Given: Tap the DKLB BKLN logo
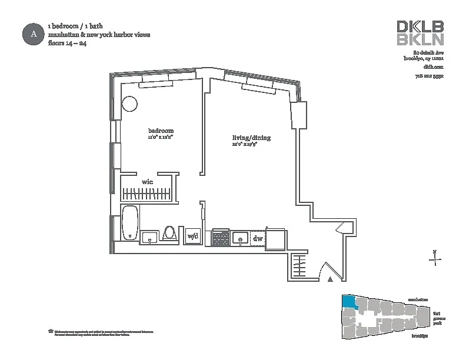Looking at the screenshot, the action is [x=420, y=33].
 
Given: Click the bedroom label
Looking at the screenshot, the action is [x=160, y=131].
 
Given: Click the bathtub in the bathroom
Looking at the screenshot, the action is [x=130, y=223].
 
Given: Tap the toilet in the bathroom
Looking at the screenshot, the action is [x=169, y=234].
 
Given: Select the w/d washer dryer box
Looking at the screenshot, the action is [x=192, y=236].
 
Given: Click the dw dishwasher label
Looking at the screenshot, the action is [x=257, y=238].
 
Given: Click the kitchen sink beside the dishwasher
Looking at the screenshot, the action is [x=239, y=238].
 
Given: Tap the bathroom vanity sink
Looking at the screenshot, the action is [x=149, y=237].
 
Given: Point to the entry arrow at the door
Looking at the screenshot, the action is [x=330, y=278].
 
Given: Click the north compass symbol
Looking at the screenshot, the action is [x=434, y=259].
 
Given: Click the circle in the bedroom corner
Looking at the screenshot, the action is [x=129, y=105].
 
